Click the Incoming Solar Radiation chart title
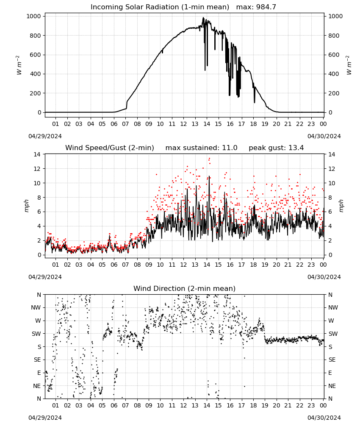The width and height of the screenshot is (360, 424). (x=160, y=7)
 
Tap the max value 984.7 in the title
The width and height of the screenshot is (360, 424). (x=266, y=7)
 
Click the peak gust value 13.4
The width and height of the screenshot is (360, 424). (x=297, y=148)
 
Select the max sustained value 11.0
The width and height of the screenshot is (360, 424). (x=230, y=148)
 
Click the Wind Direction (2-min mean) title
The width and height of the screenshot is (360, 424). (x=185, y=288)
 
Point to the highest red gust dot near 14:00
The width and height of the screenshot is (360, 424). (x=209, y=159)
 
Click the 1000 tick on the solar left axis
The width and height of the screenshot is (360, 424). (x=34, y=16)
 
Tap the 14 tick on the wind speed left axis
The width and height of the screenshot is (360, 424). (x=37, y=154)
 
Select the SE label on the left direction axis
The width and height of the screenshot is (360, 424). (x=37, y=360)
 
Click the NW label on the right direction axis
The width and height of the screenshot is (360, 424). (x=333, y=307)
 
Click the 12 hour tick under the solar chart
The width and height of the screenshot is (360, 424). (x=183, y=124)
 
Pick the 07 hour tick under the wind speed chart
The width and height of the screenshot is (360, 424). (x=125, y=265)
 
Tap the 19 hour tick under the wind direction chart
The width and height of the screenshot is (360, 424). (x=265, y=405)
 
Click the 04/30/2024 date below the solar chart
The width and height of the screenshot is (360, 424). (x=324, y=136)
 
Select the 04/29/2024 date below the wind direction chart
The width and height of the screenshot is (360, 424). (x=45, y=418)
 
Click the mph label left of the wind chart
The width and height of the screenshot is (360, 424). (x=27, y=206)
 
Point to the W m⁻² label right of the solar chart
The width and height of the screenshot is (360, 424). (x=349, y=65)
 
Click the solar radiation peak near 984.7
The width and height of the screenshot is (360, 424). (x=203, y=17)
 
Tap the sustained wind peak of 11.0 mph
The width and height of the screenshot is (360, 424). (x=209, y=176)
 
